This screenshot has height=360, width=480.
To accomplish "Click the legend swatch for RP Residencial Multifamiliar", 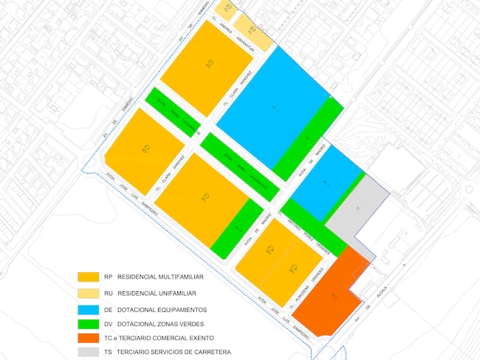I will (x=88, y=276).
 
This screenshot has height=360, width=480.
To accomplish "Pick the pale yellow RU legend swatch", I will (x=88, y=293).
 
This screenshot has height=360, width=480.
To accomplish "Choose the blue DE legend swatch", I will (x=88, y=309).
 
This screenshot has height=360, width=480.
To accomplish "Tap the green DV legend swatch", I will (x=88, y=324).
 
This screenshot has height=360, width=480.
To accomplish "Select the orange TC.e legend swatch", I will (x=88, y=338).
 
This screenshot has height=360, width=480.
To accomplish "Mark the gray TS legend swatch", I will (x=88, y=352).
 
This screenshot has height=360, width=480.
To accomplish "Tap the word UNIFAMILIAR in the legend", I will (x=160, y=293).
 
